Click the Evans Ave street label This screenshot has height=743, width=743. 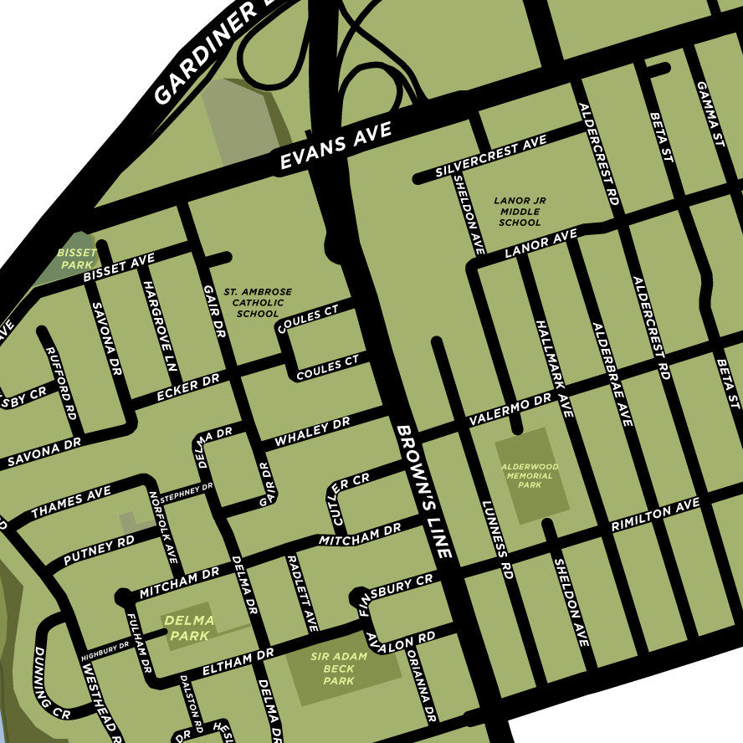coord(336,147)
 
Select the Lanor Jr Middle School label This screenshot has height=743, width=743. coord(520,212)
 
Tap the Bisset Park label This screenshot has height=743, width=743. coord(77,258)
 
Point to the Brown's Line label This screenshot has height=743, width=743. coord(424,492)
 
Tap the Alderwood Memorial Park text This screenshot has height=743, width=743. coord(530,475)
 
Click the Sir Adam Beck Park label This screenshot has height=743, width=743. coord(339,669)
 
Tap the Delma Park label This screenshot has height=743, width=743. coord(189,628)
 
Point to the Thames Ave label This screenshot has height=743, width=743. coord(71,502)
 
